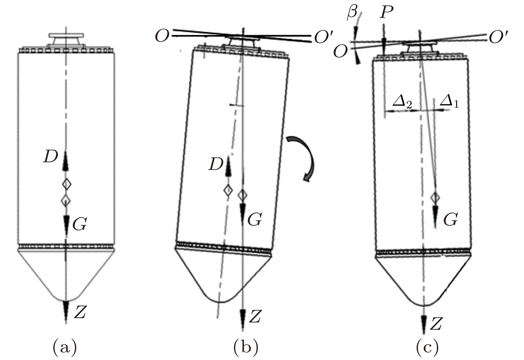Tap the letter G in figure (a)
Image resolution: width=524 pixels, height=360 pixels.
(80, 225)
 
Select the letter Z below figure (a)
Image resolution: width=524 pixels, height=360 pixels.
(80, 312)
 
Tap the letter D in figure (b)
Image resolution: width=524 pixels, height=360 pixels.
(216, 165)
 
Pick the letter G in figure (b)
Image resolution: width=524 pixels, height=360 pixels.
(254, 220)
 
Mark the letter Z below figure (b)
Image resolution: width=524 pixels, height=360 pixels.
(255, 316)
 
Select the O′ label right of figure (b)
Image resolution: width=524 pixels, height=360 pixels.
(322, 38)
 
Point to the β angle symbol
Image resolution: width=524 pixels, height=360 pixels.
(352, 13)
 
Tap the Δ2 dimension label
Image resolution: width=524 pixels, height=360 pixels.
(402, 102)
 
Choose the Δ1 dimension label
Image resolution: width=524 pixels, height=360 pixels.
(449, 102)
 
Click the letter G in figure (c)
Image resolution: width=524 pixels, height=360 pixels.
(450, 219)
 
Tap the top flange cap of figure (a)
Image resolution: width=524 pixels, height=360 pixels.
(66, 35)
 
